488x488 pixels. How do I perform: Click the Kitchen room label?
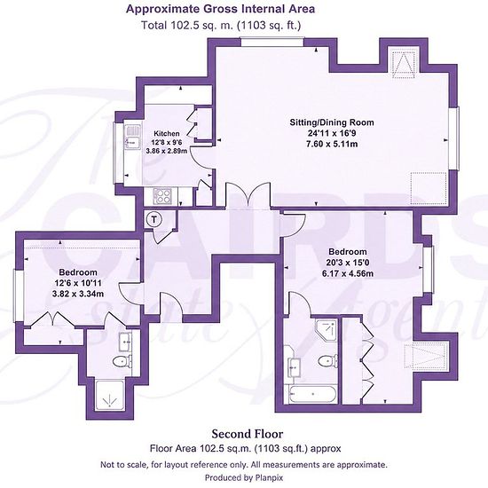(x=167, y=133)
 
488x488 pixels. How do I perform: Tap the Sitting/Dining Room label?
(x=332, y=122)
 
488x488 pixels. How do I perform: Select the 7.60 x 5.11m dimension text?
(x=332, y=144)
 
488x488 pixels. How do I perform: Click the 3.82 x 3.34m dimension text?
(x=78, y=294)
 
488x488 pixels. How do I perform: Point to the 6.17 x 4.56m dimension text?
(x=348, y=273)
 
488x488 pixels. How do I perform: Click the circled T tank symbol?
(x=153, y=219)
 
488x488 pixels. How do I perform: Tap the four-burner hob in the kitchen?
(x=162, y=196)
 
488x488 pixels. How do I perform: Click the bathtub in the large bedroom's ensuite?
(x=312, y=395)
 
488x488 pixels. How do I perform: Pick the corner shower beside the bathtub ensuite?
(x=327, y=329)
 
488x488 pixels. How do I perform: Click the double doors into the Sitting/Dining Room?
(x=248, y=195)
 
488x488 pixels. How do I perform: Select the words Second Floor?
(x=248, y=434)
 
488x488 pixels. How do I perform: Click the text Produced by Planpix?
(x=244, y=477)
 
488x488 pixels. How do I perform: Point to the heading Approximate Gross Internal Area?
(x=220, y=9)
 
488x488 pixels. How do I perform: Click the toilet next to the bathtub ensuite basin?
(x=327, y=361)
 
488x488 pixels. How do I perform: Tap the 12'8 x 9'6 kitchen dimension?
(x=167, y=142)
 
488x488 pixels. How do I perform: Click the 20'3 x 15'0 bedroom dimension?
(x=348, y=263)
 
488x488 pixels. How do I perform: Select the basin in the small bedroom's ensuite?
(x=126, y=341)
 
